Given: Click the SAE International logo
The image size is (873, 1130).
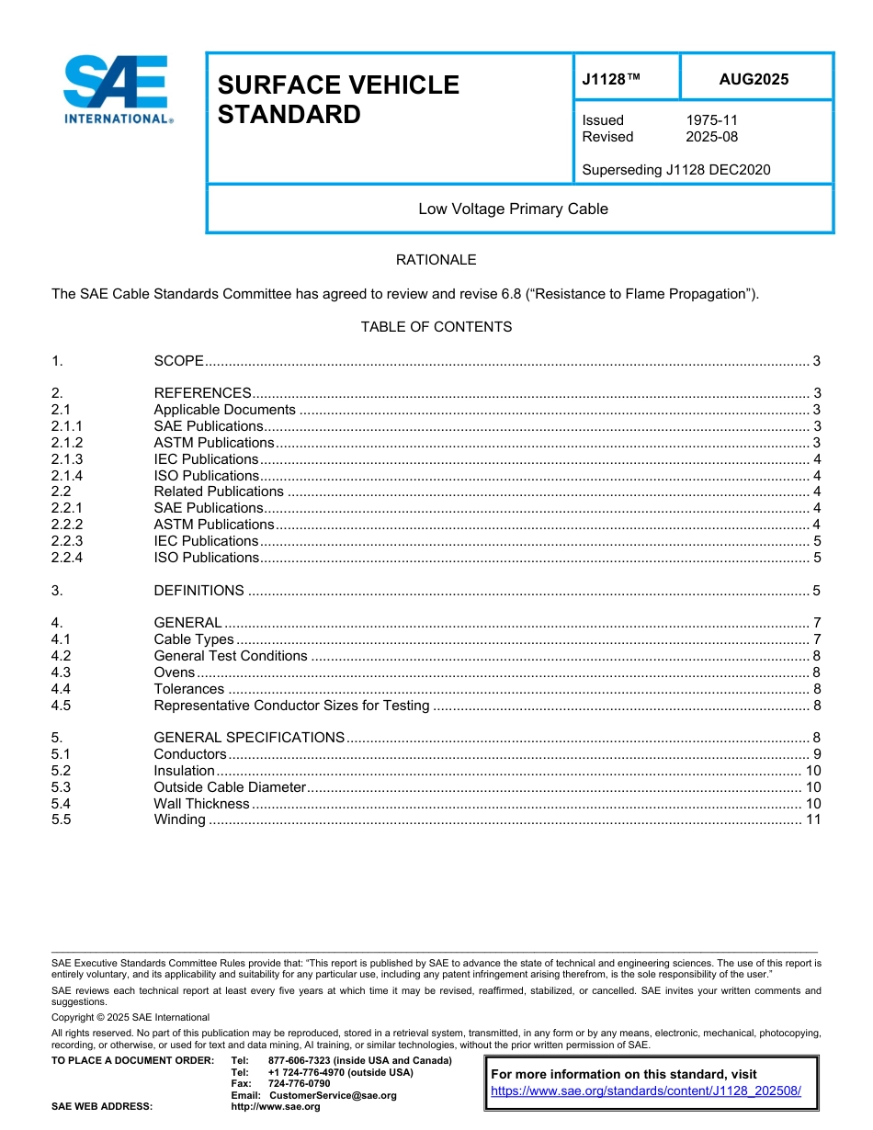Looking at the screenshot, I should tap(117, 90).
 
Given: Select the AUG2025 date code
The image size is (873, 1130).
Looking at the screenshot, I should tap(754, 80).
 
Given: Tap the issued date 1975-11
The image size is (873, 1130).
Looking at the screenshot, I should tap(711, 120).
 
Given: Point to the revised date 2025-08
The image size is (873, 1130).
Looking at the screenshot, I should tap(711, 137).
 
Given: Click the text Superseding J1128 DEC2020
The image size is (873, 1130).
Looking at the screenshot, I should tap(676, 169).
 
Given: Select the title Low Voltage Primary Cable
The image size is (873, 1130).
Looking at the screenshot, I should tap(513, 209).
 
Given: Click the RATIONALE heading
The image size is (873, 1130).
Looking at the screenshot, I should tap(436, 260).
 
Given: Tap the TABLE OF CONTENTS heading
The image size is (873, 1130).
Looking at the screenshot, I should tap(436, 327).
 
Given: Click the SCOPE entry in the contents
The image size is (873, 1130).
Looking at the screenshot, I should tap(178, 361).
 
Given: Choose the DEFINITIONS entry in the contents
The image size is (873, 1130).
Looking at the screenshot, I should tap(198, 591).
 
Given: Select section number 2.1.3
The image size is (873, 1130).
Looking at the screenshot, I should tap(67, 459).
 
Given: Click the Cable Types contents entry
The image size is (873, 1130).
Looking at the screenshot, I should tap(194, 639).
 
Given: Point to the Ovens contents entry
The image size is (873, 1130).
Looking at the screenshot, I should tap(174, 672).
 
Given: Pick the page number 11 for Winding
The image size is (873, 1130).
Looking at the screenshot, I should tap(812, 819).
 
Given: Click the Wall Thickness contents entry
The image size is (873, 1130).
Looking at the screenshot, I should tap(201, 804).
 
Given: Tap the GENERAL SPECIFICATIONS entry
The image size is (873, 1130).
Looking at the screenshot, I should tap(249, 738).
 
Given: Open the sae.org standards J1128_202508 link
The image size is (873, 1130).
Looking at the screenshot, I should tap(646, 1091).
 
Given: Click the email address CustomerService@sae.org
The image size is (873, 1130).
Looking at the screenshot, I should tap(333, 1095).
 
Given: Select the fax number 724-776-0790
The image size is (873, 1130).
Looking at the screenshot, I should tap(299, 1084).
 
